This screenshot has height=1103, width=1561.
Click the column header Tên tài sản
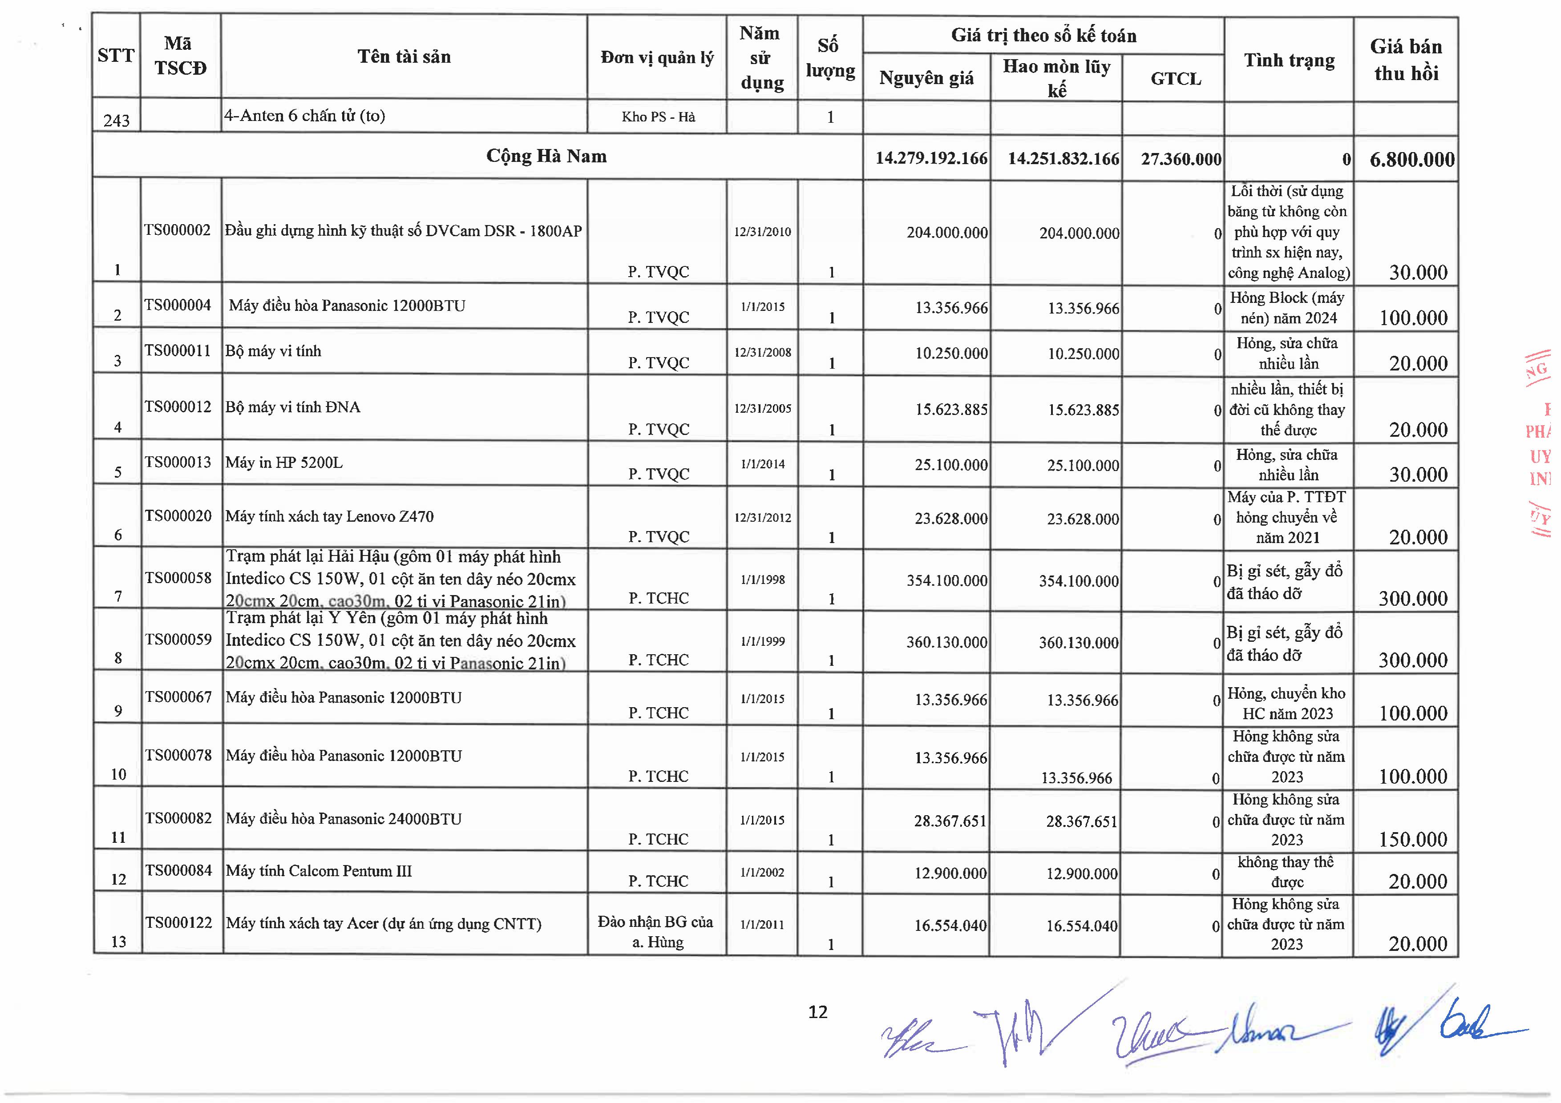click(404, 57)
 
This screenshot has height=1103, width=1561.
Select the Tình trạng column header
click(1289, 60)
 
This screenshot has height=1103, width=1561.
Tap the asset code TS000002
click(178, 230)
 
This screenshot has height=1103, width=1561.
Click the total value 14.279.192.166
click(931, 158)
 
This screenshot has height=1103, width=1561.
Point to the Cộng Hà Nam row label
click(546, 156)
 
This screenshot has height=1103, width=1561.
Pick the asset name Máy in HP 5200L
click(284, 463)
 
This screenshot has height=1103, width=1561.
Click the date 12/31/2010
click(762, 232)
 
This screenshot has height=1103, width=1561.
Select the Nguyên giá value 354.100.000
click(946, 581)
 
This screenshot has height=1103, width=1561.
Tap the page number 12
click(818, 1012)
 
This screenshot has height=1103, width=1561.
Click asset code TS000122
click(178, 922)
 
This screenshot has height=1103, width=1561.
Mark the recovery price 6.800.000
click(1412, 160)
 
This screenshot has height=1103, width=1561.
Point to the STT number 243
click(116, 120)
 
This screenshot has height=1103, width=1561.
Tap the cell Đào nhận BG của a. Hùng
click(656, 932)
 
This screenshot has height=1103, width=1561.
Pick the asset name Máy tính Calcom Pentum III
click(319, 871)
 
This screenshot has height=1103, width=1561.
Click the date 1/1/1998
click(762, 580)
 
